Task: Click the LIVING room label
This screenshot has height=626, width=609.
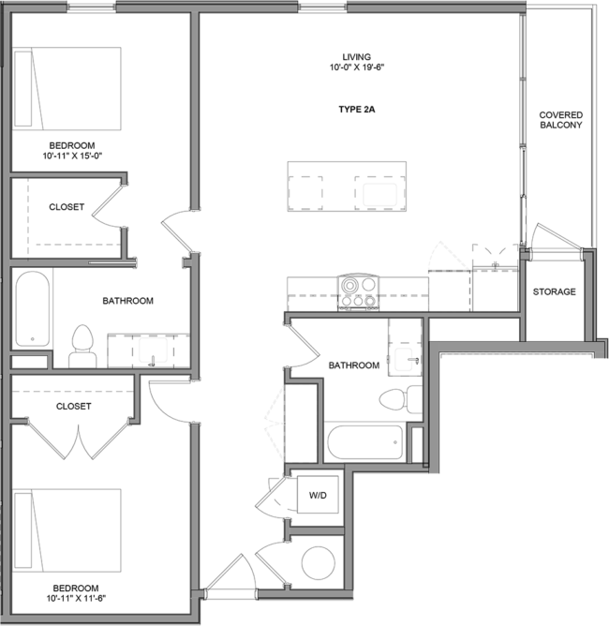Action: pyautogui.click(x=356, y=57)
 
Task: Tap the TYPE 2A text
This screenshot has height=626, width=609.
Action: pyautogui.click(x=356, y=110)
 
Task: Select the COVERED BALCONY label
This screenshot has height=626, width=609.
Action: pyautogui.click(x=560, y=120)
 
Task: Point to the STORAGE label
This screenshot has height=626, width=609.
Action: pyautogui.click(x=554, y=292)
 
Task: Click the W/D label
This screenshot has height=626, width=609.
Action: pyautogui.click(x=318, y=495)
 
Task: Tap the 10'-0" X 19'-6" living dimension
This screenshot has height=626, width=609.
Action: pyautogui.click(x=357, y=67)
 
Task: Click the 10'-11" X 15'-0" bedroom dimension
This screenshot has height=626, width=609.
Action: pyautogui.click(x=72, y=156)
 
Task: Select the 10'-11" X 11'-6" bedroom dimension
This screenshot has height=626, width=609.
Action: pyautogui.click(x=75, y=598)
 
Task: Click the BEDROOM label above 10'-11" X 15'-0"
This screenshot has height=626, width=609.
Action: pyautogui.click(x=72, y=145)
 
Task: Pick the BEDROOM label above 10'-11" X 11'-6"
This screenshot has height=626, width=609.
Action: pyautogui.click(x=75, y=588)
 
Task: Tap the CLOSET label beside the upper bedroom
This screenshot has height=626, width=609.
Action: pyautogui.click(x=67, y=207)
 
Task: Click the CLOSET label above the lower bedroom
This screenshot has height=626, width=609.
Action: pyautogui.click(x=73, y=407)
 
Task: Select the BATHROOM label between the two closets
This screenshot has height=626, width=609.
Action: pyautogui.click(x=127, y=302)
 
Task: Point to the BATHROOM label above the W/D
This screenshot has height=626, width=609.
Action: pyautogui.click(x=353, y=365)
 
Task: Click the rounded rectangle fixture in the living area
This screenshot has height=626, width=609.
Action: pyautogui.click(x=380, y=195)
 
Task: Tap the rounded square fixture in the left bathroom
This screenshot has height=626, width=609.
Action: pyautogui.click(x=154, y=350)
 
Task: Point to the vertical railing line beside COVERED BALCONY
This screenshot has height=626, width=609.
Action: pyautogui.click(x=523, y=80)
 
